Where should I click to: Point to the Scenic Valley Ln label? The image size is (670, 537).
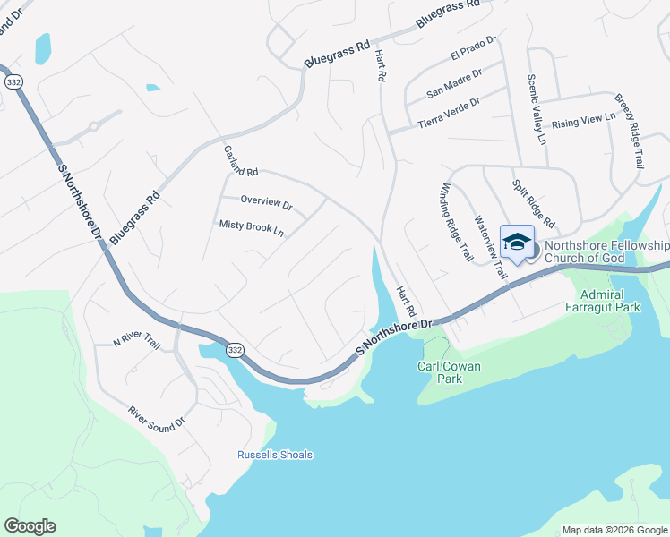click(x=535, y=108)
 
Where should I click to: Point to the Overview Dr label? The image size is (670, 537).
click(x=267, y=202)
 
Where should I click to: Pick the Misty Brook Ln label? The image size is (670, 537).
click(x=252, y=228)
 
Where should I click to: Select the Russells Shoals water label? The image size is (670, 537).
click(x=275, y=455)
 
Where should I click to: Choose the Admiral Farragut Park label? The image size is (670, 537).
click(x=611, y=300)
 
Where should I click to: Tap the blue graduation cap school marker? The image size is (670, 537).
click(x=518, y=243)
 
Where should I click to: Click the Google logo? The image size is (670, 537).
click(x=30, y=526)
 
